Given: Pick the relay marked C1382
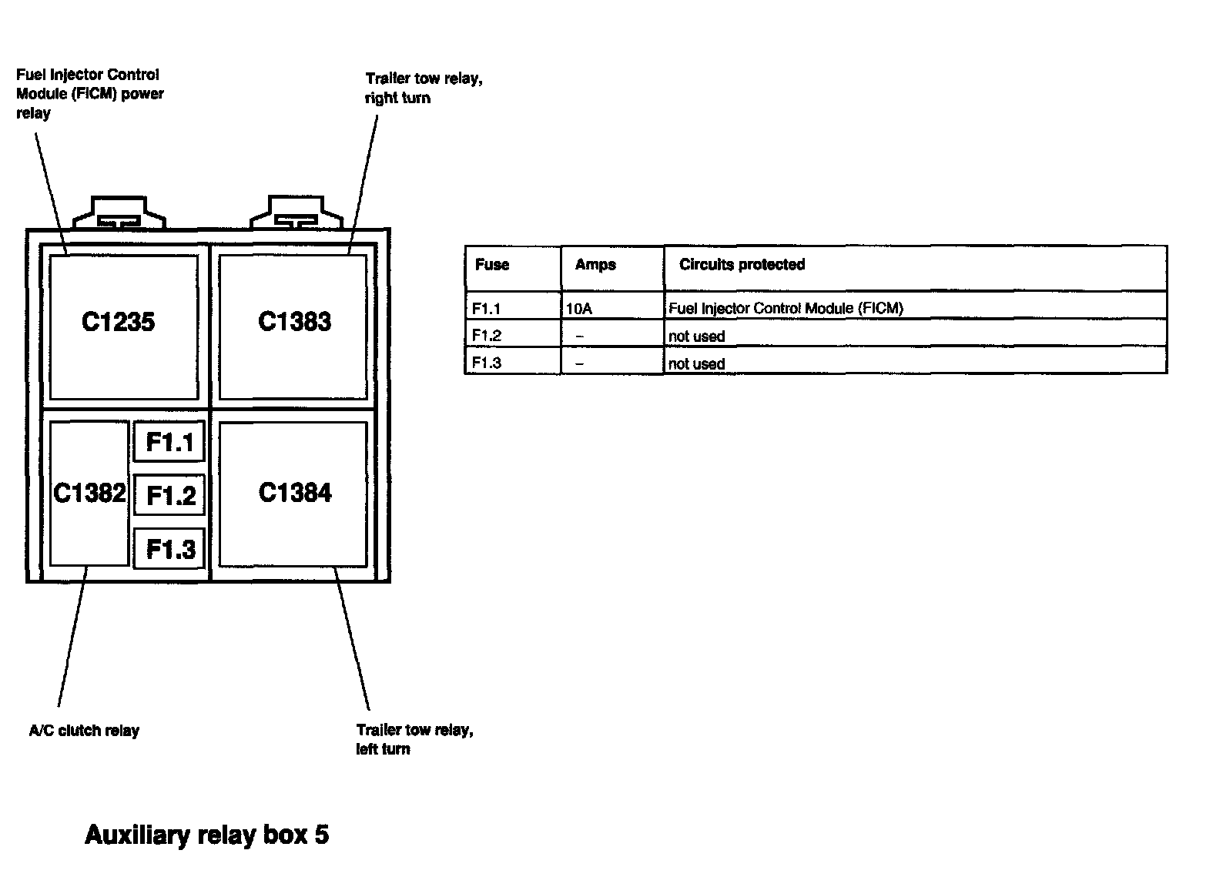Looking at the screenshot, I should point(89,493).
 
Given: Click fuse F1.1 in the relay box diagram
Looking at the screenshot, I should point(169,442).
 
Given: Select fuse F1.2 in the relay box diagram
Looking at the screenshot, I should point(169,495).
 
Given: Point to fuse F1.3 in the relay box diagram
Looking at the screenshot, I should point(169,549).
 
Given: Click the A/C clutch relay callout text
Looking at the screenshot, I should point(84,731).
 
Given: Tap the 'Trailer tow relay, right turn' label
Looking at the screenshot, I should point(424,89).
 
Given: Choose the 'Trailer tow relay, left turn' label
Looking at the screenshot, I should point(414,739).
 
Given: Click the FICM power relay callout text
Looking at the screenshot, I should point(89,94).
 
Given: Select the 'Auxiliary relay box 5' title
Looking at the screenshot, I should point(206,835).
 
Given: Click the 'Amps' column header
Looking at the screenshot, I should point(595,265).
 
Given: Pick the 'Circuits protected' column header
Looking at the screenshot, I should point(742,265).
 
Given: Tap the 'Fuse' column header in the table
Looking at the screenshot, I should point(492,265).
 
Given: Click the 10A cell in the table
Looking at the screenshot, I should point(579,309).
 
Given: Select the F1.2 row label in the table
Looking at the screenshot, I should point(487,336).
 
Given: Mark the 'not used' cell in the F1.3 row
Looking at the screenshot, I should point(696,363).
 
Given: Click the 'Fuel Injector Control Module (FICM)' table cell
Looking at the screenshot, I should point(786,309).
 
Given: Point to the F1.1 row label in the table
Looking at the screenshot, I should point(487,309).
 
